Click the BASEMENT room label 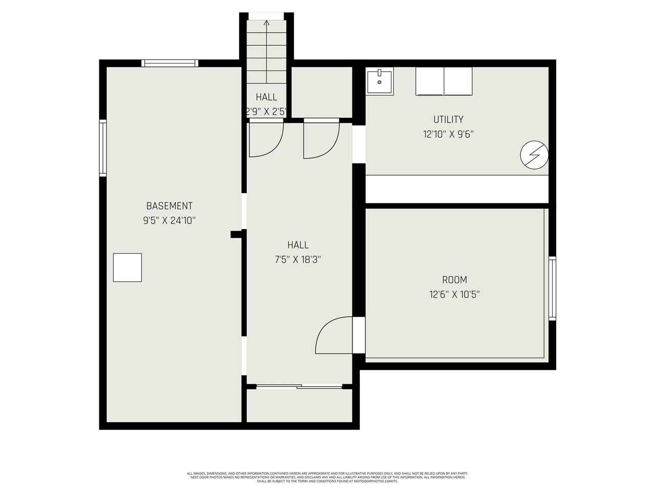click(169, 206)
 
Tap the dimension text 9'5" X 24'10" click(169, 221)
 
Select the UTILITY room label click(448, 119)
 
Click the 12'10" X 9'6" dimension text click(448, 134)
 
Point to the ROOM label click(454, 280)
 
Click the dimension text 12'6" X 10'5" click(454, 295)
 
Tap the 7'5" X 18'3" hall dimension click(298, 260)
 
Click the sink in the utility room click(380, 82)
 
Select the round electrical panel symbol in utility click(534, 155)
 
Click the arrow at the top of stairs click(266, 23)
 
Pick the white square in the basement click(127, 268)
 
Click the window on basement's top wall click(169, 64)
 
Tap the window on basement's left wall click(103, 148)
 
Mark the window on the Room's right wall click(552, 289)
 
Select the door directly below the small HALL click(266, 139)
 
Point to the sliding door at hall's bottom click(299, 386)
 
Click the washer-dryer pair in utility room click(444, 81)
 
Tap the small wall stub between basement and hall click(237, 234)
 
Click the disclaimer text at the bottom click(327, 477)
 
